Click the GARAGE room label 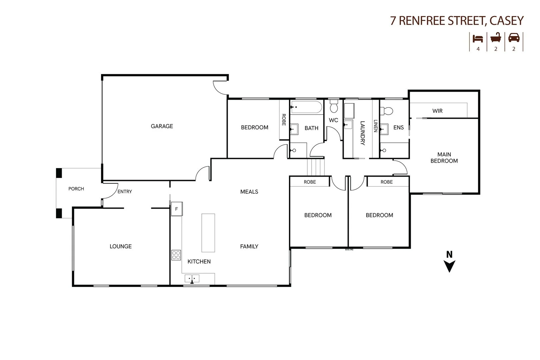(162, 126)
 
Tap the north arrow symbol (449, 266)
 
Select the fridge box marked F (176, 209)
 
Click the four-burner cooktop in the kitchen (176, 255)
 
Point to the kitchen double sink (192, 278)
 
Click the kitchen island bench (208, 233)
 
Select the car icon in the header (514, 38)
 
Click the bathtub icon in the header (496, 38)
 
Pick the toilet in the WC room (333, 107)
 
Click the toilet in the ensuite (387, 110)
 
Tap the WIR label (437, 111)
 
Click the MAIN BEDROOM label (444, 158)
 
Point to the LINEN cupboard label (375, 126)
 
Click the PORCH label (76, 189)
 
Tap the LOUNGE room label (121, 246)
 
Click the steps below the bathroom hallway (316, 167)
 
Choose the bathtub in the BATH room (306, 107)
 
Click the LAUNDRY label (363, 133)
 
